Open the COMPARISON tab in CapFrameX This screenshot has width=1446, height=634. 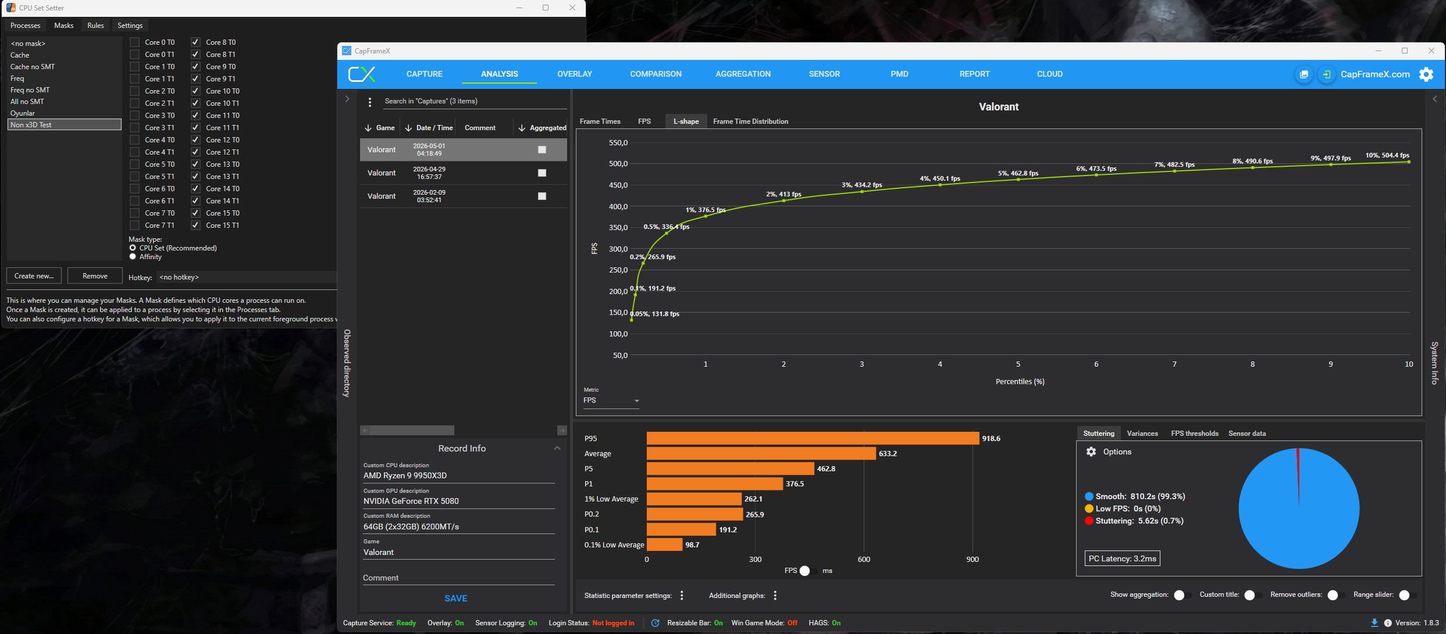tap(656, 74)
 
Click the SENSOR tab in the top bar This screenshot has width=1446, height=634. tap(824, 74)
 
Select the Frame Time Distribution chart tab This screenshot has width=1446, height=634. tap(750, 121)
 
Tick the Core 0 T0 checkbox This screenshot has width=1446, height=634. tap(134, 42)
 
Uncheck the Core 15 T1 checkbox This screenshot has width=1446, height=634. tap(195, 225)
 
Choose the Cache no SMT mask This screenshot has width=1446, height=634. tap(33, 67)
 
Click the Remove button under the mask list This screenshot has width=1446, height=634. tap(95, 276)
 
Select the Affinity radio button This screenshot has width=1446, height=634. tap(133, 257)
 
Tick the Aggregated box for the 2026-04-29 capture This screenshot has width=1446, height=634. tap(542, 173)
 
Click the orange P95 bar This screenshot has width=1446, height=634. tap(813, 438)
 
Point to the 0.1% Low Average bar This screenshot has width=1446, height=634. tap(664, 545)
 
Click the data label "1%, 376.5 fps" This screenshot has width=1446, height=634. tap(706, 210)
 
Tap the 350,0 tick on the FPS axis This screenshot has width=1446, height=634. tap(618, 227)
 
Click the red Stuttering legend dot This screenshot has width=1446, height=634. tap(1089, 521)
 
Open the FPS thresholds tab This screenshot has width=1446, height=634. tap(1194, 434)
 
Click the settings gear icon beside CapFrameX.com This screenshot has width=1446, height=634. tap(1426, 74)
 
